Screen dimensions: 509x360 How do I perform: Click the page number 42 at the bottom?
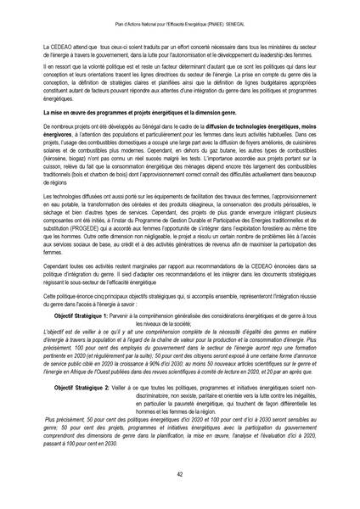point(180,474)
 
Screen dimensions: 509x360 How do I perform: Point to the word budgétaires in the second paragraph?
point(240,87)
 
